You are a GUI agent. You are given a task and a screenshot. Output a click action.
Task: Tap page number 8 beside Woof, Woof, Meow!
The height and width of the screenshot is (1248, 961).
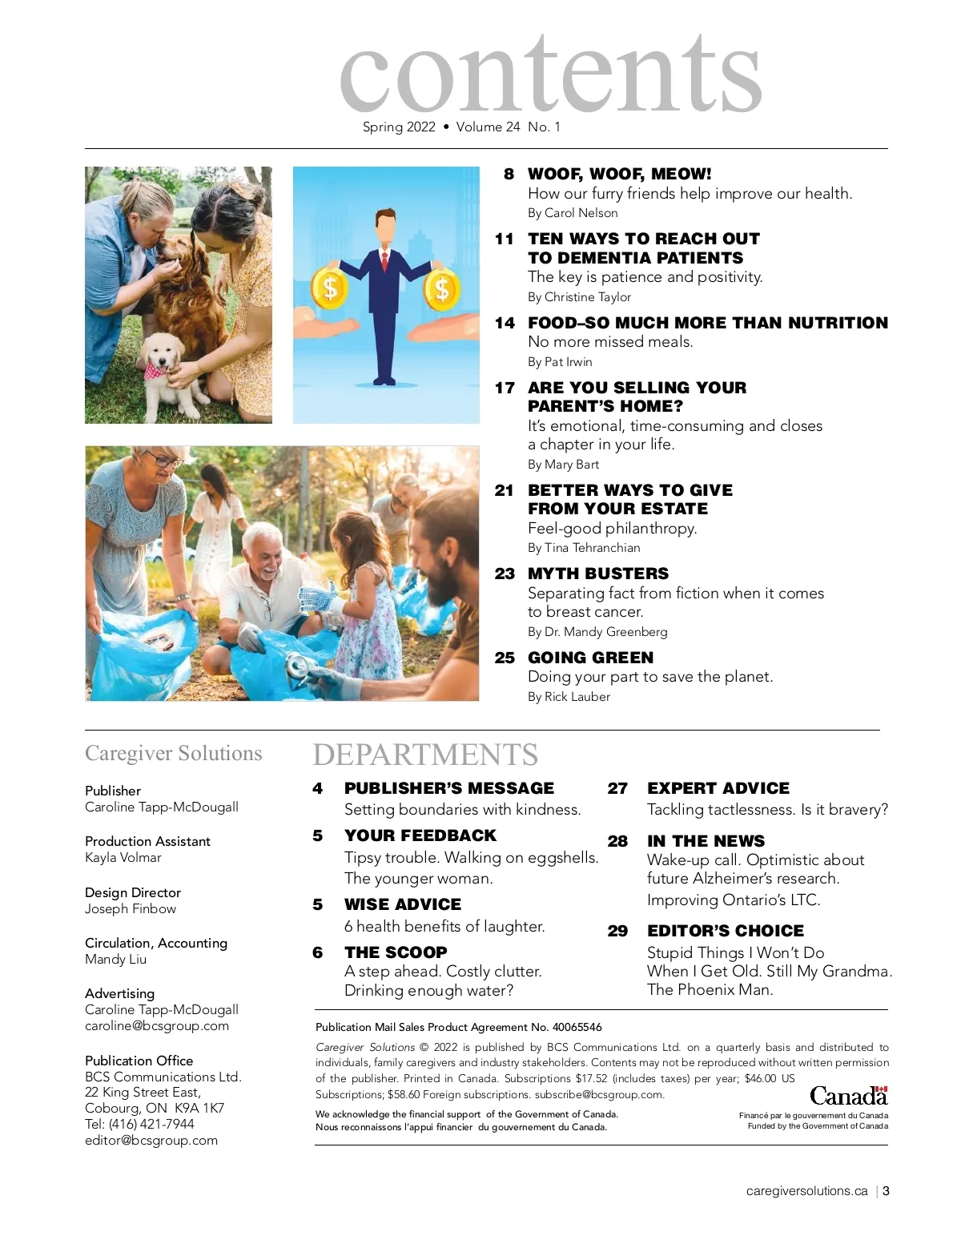click(509, 174)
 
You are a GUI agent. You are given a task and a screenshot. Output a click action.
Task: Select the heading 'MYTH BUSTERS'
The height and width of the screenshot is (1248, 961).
click(597, 574)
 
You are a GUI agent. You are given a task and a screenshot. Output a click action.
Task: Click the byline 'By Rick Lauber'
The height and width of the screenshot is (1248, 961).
click(569, 697)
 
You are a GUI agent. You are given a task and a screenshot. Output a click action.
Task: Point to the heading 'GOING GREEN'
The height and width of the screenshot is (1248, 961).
click(590, 658)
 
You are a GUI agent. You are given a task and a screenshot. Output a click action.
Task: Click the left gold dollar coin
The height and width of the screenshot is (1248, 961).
click(330, 286)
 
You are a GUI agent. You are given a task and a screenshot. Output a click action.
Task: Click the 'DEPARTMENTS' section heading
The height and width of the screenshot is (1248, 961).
click(425, 755)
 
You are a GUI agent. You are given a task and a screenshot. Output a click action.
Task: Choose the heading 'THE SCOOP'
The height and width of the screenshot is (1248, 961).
click(396, 952)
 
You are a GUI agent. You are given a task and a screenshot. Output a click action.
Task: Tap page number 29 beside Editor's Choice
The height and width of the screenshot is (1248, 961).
click(617, 931)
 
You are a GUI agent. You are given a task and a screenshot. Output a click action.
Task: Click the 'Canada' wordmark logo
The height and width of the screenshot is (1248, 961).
click(848, 1096)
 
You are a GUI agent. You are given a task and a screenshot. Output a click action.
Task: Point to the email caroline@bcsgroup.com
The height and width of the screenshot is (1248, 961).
click(157, 1026)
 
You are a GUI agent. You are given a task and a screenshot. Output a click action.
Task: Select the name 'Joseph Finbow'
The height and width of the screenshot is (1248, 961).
click(131, 909)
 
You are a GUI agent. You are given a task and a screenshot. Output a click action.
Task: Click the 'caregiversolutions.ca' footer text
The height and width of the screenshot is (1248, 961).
click(806, 1191)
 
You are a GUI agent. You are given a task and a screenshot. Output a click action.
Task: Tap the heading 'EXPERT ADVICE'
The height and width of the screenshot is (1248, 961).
click(718, 788)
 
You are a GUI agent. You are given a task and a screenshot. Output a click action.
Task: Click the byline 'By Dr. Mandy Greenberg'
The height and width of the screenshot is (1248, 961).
click(597, 632)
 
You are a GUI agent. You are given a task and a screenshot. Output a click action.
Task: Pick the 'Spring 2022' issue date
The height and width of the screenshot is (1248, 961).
click(399, 127)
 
